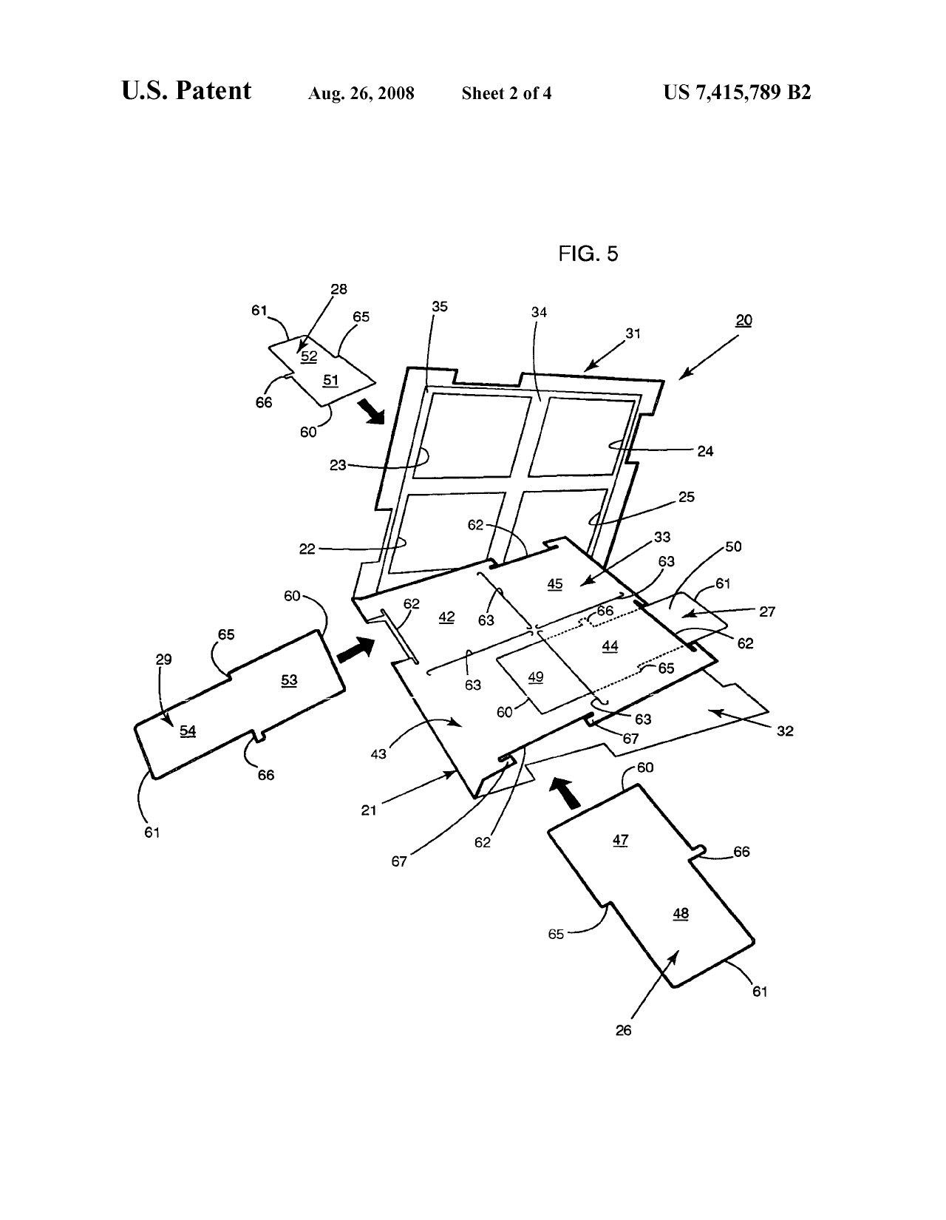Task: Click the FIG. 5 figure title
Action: click(x=588, y=254)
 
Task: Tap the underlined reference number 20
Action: click(x=743, y=321)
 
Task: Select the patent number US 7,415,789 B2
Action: click(x=737, y=92)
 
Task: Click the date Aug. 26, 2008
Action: click(x=361, y=93)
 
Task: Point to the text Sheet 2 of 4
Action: click(x=506, y=93)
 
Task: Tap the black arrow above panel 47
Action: click(x=565, y=792)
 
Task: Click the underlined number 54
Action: click(x=188, y=731)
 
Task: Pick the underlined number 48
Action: click(x=681, y=913)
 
